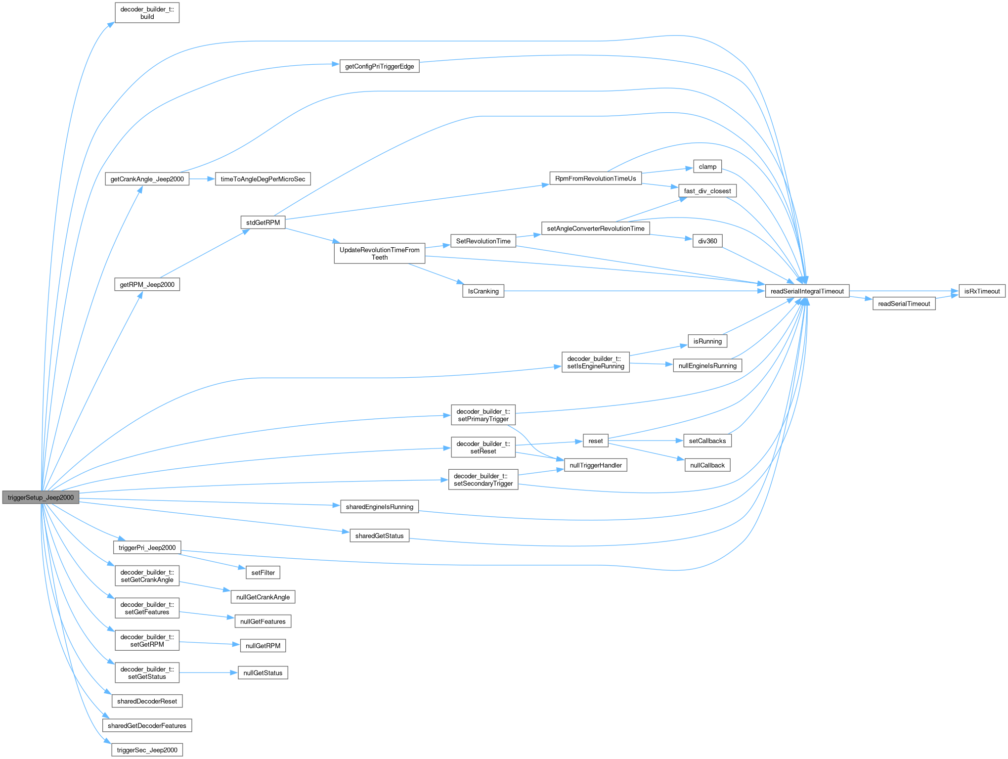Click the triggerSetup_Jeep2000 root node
(41, 497)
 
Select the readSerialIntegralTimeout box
(807, 291)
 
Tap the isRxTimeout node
(982, 291)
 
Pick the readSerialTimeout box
(904, 304)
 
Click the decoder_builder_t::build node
(147, 13)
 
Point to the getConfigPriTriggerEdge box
(379, 66)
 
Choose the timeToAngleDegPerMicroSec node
(263, 179)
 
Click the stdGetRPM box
(263, 223)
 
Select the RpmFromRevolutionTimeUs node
(595, 179)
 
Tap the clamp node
(707, 167)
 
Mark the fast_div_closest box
(707, 191)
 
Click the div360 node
(707, 241)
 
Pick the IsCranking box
(483, 291)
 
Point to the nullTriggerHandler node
(595, 465)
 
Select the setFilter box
(263, 573)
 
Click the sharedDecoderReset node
(147, 701)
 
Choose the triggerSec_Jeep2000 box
(147, 750)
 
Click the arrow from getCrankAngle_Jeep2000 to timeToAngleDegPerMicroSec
(202, 179)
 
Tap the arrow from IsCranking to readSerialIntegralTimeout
(633, 291)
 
